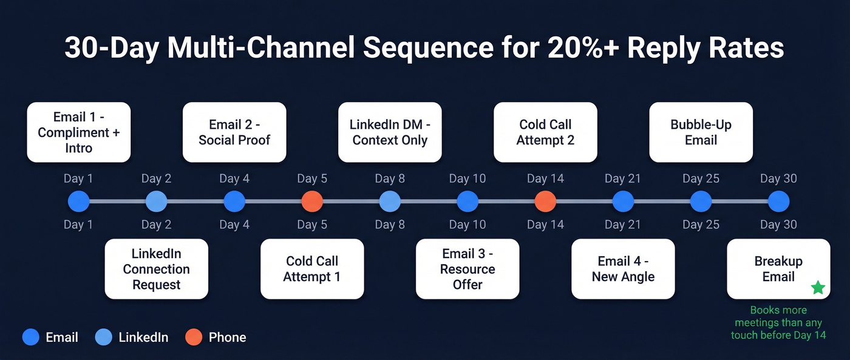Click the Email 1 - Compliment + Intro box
pyautogui.click(x=79, y=132)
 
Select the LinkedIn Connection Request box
pyautogui.click(x=157, y=269)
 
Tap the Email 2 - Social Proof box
pyautogui.click(x=234, y=132)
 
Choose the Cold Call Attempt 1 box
pyautogui.click(x=312, y=269)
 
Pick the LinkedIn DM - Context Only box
pyautogui.click(x=390, y=132)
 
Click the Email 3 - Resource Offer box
pyautogui.click(x=467, y=269)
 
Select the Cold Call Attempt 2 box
pyautogui.click(x=545, y=132)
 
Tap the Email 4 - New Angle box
pyautogui.click(x=623, y=269)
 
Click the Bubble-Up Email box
pyautogui.click(x=701, y=132)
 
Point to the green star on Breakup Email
pyautogui.click(x=818, y=288)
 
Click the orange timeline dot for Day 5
pyautogui.click(x=312, y=202)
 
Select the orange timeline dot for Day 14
pyautogui.click(x=545, y=202)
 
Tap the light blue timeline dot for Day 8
pyautogui.click(x=390, y=202)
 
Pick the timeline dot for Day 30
pyautogui.click(x=778, y=202)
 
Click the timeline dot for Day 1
pyautogui.click(x=79, y=202)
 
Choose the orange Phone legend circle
pyautogui.click(x=193, y=337)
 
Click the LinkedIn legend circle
pyautogui.click(x=104, y=337)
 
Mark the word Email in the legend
pyautogui.click(x=62, y=337)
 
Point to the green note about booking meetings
pyautogui.click(x=778, y=322)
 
